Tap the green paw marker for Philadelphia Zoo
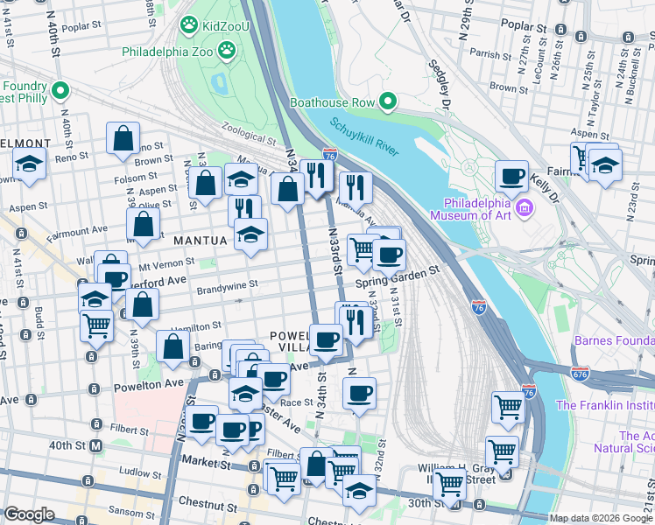tap(227, 51)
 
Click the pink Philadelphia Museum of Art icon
tap(525, 207)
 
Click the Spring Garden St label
tap(397, 274)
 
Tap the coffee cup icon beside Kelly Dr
tap(512, 177)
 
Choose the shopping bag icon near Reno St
tap(123, 138)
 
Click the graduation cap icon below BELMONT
tap(29, 164)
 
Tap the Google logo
tap(29, 514)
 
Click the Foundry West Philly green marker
tap(61, 89)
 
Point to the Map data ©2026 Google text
tap(600, 518)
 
